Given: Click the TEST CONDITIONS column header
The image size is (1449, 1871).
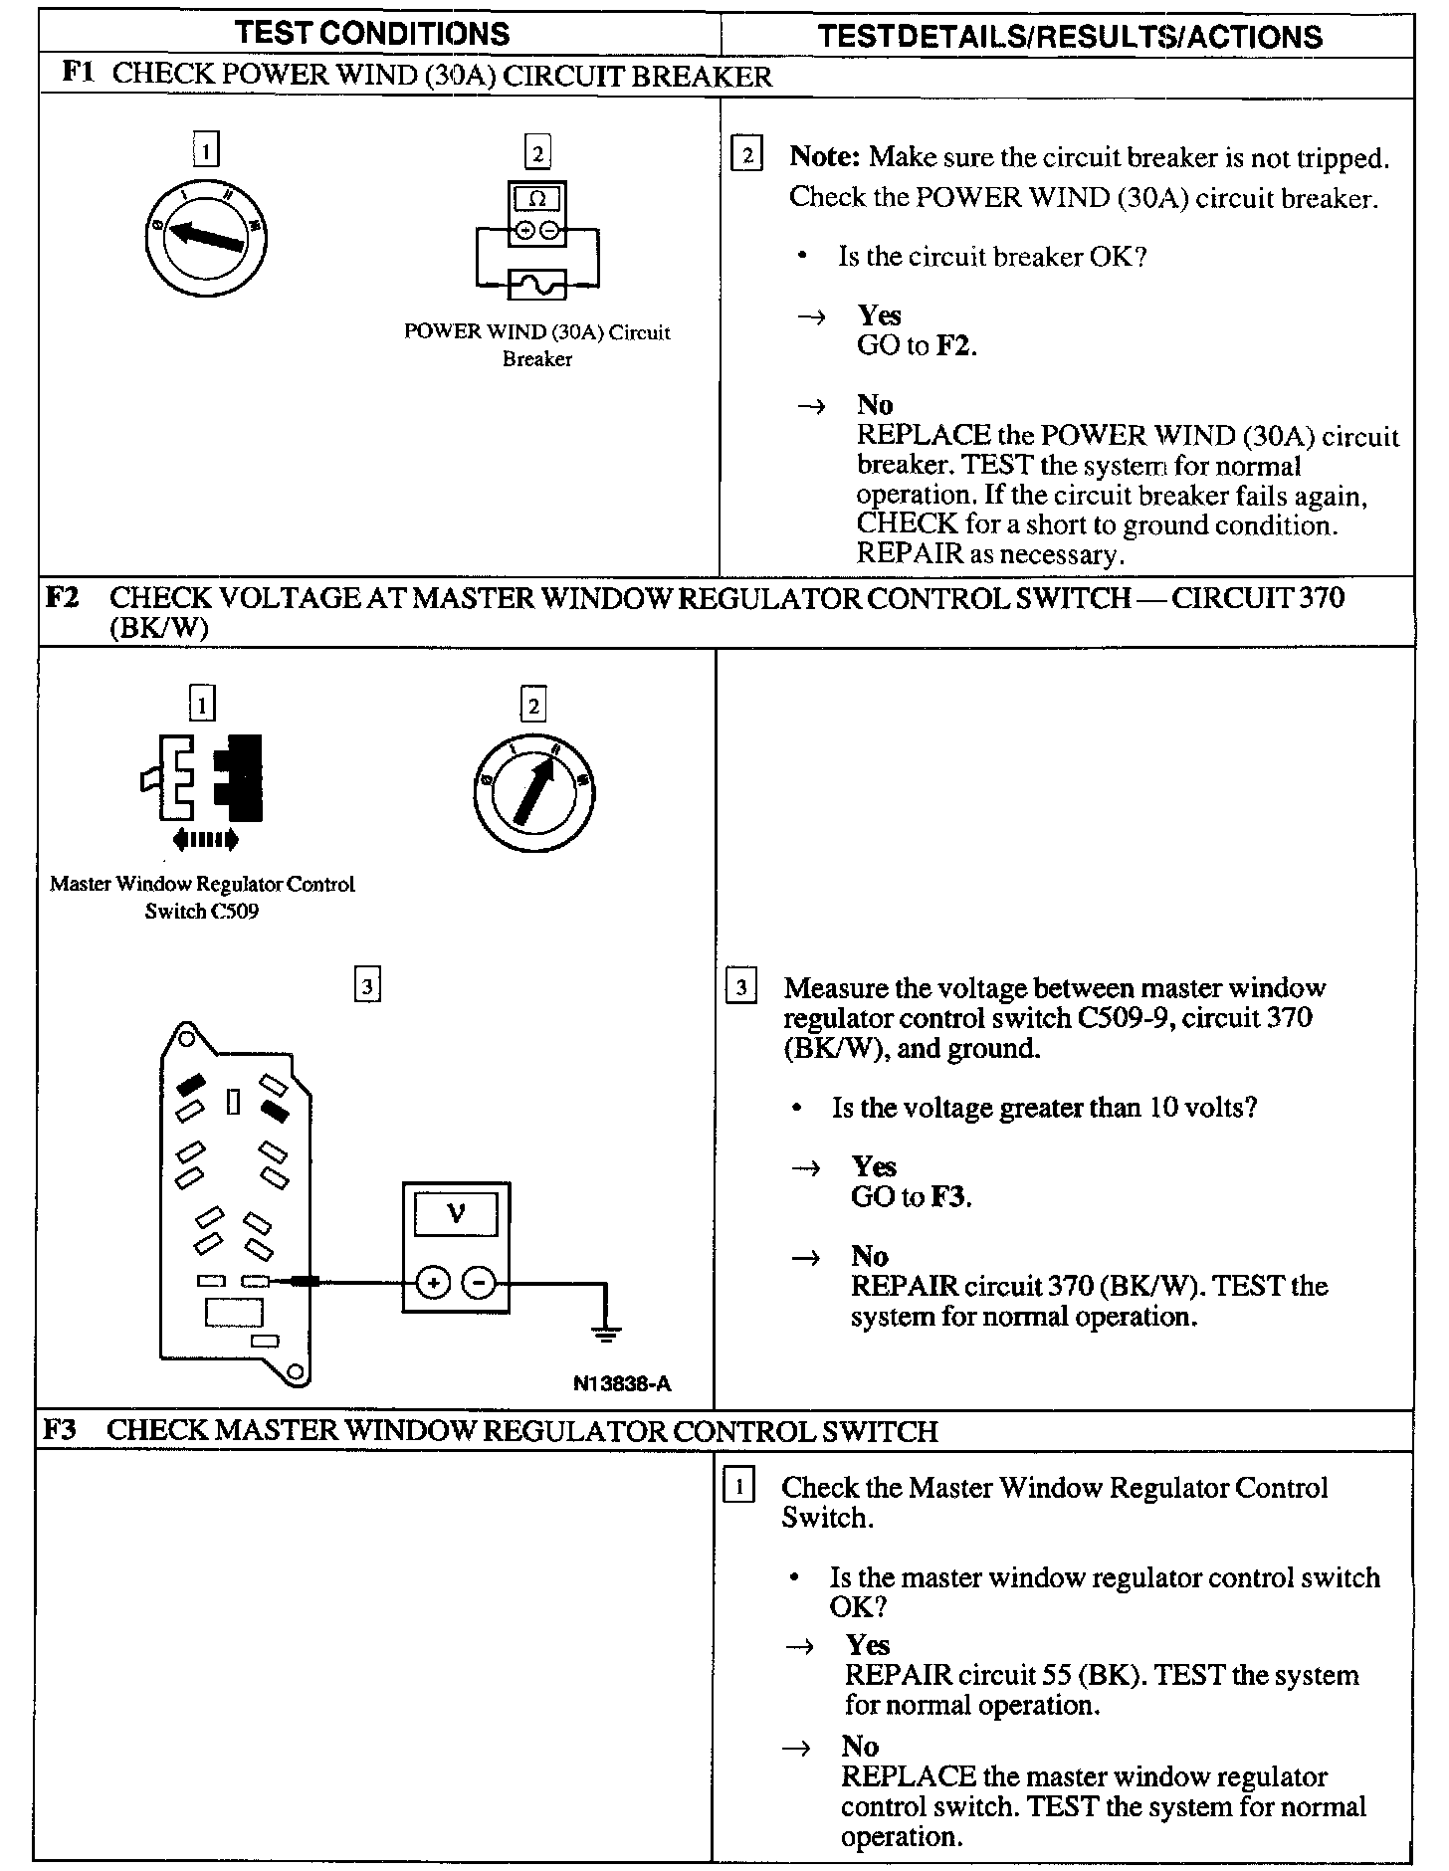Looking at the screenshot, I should pos(372,34).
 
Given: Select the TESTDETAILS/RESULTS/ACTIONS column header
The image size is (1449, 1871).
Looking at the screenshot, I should pos(1069,37).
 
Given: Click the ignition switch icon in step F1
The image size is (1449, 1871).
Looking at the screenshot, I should pos(206,236).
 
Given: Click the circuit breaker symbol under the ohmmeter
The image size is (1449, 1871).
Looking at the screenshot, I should pos(537,286).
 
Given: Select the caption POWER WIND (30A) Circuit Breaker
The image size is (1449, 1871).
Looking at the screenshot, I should pos(537,345).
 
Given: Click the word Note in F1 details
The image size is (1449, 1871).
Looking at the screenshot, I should pos(823,157).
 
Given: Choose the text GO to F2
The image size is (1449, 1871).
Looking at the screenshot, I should pos(917,346).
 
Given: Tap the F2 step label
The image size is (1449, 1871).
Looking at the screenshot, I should pos(64,597).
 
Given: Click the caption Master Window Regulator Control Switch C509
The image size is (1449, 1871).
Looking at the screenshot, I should pos(202,897).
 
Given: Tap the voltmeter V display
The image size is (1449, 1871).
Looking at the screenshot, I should pos(457,1214).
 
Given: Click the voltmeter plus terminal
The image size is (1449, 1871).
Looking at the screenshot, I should pos(433,1283).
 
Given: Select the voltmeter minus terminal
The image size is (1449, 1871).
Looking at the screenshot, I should pos(480,1283).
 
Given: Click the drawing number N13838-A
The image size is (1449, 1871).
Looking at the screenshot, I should pos(622,1383).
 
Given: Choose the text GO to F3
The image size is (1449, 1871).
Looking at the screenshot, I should pos(911,1197).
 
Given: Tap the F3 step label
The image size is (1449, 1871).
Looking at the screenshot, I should pos(61,1430).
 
